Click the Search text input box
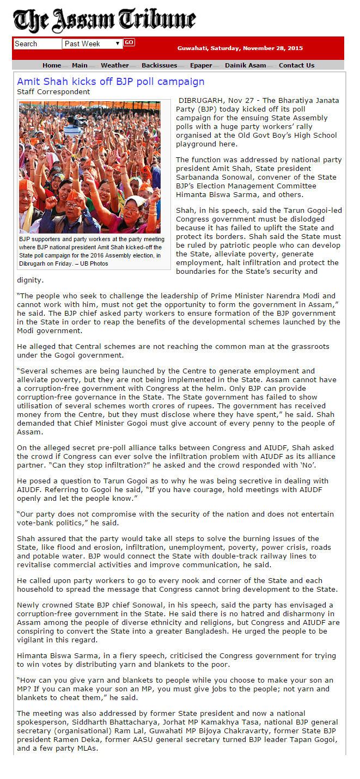point(37,44)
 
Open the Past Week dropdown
point(93,44)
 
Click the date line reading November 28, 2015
point(240,48)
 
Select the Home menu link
point(52,65)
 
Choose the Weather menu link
point(115,65)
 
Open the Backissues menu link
point(160,65)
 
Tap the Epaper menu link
point(201,65)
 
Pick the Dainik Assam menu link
point(246,65)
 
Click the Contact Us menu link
point(296,65)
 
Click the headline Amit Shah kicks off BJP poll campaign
point(111,82)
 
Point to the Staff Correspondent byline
point(53,92)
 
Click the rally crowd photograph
point(90,167)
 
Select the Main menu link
point(80,65)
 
